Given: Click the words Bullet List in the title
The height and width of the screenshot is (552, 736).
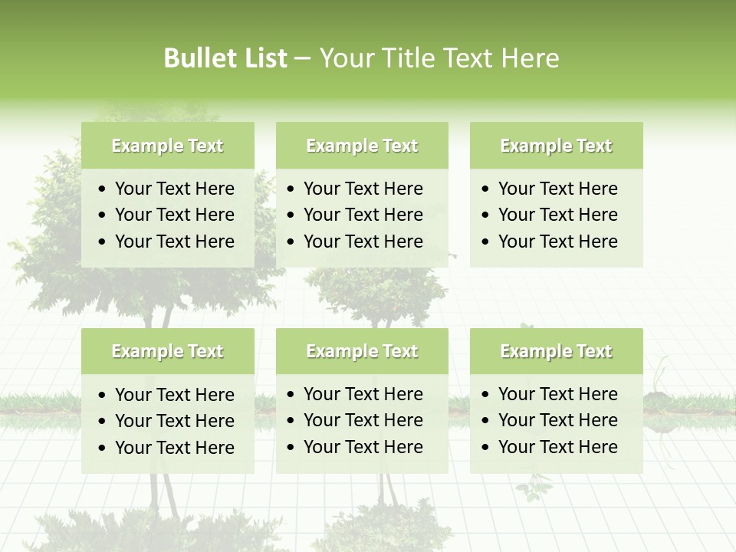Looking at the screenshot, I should point(225,58).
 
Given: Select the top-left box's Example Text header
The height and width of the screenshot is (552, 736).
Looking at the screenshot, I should point(167,146).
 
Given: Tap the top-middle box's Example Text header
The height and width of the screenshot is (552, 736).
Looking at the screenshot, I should point(362,146).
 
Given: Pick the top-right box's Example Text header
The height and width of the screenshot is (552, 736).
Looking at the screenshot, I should point(556,146).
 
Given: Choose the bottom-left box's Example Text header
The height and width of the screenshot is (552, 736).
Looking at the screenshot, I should point(167,351).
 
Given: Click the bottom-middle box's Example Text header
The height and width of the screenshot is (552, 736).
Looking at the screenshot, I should point(362,351).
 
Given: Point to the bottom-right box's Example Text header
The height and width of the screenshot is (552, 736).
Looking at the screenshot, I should point(556,351).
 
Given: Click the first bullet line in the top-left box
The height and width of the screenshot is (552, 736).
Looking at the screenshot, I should point(174,189).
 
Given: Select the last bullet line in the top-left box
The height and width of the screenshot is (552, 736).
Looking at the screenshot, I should point(174,242).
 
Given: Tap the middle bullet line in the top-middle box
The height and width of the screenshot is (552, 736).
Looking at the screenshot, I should point(363,215).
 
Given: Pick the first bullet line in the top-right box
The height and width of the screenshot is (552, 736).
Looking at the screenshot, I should point(557,189).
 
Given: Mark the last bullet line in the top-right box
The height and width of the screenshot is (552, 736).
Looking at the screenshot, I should point(557,242).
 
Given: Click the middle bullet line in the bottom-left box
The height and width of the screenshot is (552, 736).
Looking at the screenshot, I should point(174,421).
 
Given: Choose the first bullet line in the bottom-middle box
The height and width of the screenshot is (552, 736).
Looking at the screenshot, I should point(363,394).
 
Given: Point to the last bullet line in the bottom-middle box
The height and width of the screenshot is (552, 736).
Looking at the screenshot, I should point(363,447).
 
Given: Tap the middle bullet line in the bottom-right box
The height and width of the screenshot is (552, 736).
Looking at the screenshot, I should point(557,420).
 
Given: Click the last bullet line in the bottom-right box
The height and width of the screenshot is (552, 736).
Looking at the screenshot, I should point(557,447).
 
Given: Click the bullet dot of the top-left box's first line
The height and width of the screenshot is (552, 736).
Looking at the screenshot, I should point(103,189).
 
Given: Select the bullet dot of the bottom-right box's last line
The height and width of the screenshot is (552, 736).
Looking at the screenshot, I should point(486,448).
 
